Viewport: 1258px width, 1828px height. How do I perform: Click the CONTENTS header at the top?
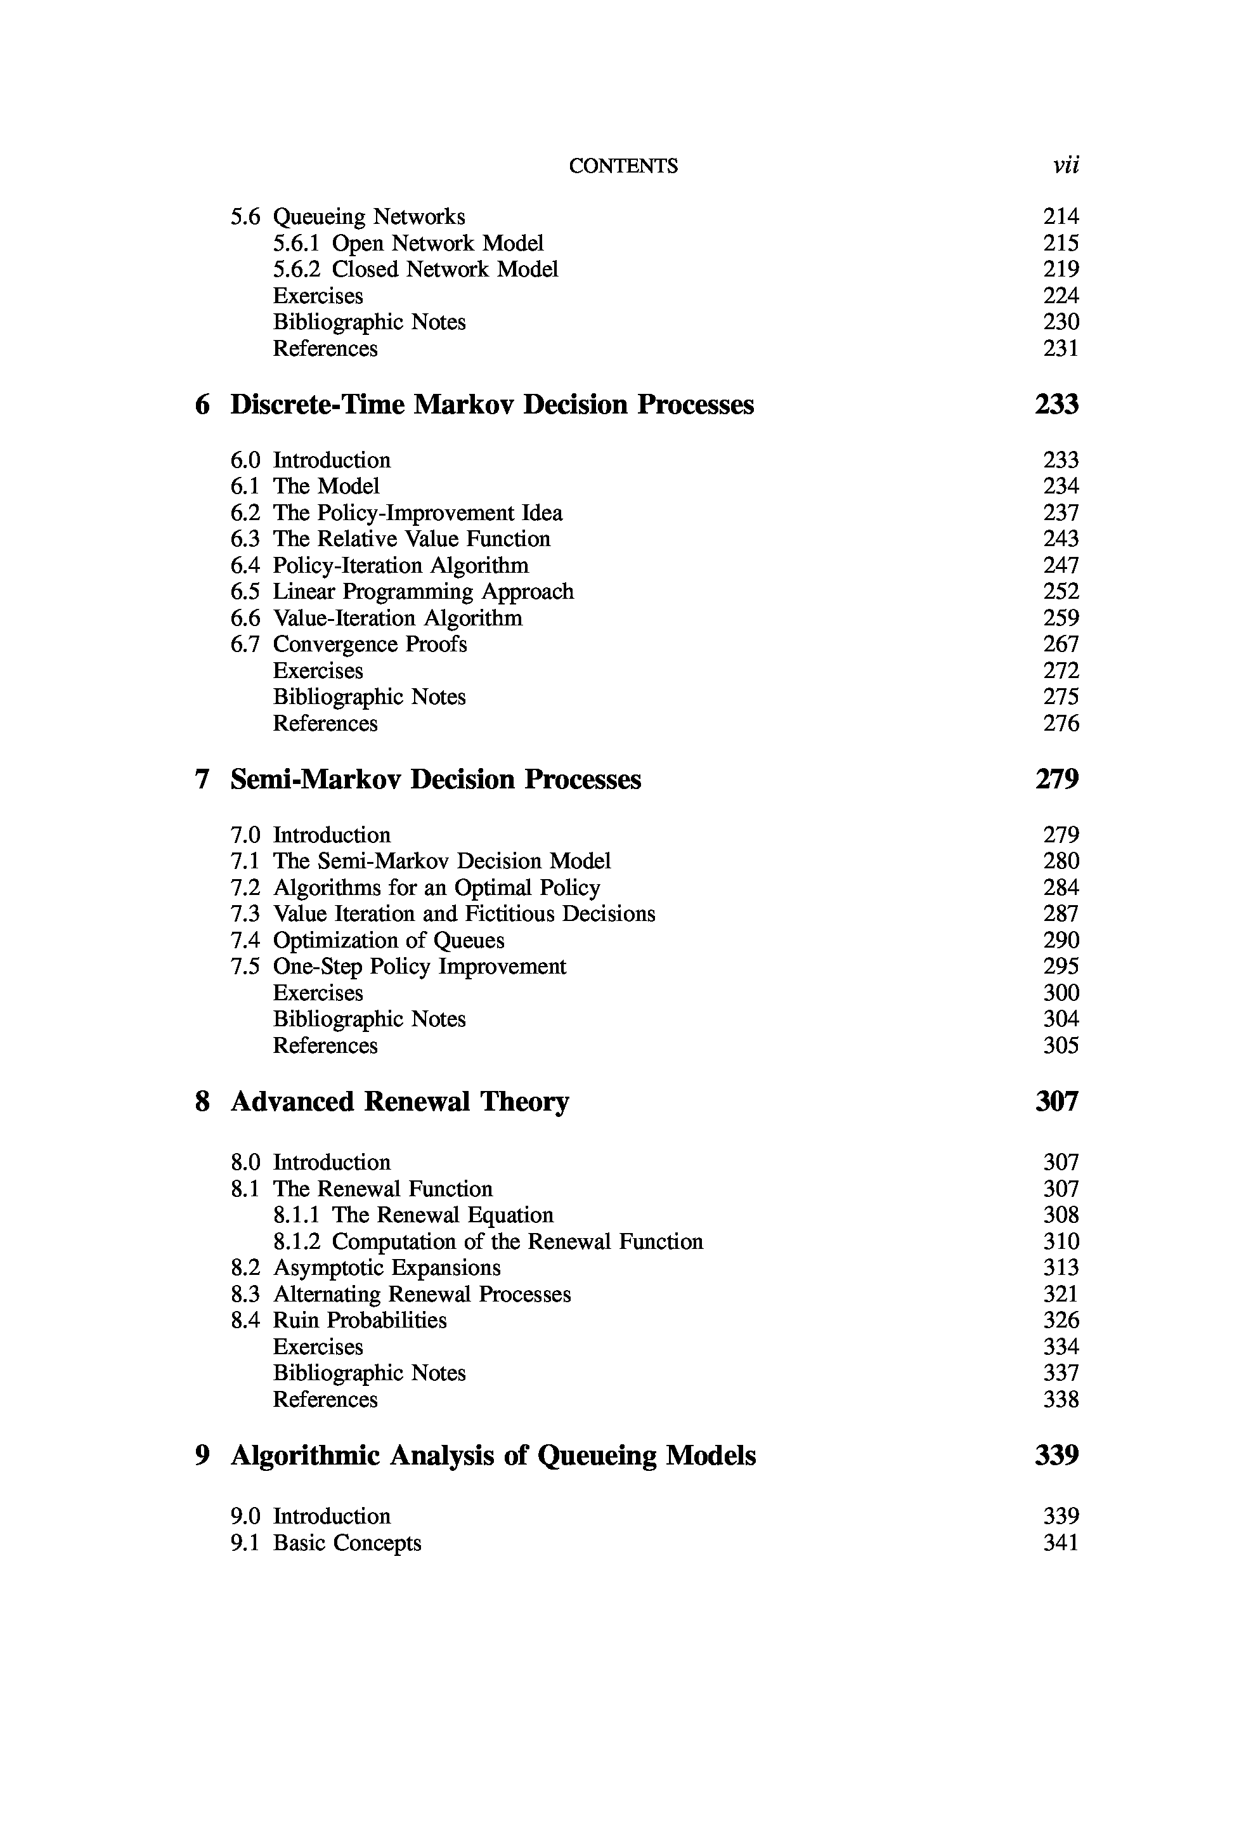pos(623,166)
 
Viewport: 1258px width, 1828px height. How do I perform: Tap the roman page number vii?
pos(1066,165)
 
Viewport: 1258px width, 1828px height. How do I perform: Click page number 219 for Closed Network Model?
pos(1061,270)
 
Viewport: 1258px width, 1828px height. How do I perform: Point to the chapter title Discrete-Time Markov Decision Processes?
pos(492,405)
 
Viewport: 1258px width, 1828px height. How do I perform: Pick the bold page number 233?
pos(1056,405)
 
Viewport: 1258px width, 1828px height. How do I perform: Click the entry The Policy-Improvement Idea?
pos(418,513)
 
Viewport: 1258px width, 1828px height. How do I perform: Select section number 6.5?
pos(245,592)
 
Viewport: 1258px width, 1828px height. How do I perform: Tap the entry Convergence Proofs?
pos(370,645)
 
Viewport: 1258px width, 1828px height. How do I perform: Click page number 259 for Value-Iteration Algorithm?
pos(1061,618)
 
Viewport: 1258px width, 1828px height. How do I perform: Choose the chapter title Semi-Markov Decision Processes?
pos(435,780)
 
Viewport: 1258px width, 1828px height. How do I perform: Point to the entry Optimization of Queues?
pos(389,941)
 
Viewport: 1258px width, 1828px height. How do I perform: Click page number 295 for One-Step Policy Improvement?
pos(1061,967)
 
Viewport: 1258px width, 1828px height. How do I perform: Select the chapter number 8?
pos(202,1101)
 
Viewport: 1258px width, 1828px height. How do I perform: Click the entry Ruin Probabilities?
pos(360,1321)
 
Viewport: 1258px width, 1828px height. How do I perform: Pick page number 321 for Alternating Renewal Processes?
pos(1061,1295)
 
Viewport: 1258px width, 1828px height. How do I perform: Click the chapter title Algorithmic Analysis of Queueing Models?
pos(493,1455)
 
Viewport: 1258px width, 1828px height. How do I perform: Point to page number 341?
pos(1061,1543)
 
